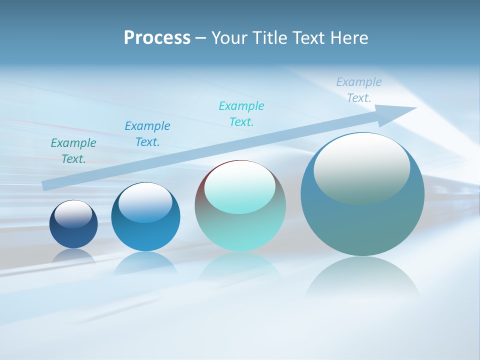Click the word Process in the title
(x=157, y=38)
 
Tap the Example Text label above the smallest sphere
(x=73, y=151)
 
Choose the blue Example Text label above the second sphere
(x=147, y=134)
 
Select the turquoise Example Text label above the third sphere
(x=241, y=114)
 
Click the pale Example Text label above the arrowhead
(x=359, y=90)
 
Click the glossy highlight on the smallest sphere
(x=73, y=214)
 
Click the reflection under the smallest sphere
(x=73, y=255)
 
